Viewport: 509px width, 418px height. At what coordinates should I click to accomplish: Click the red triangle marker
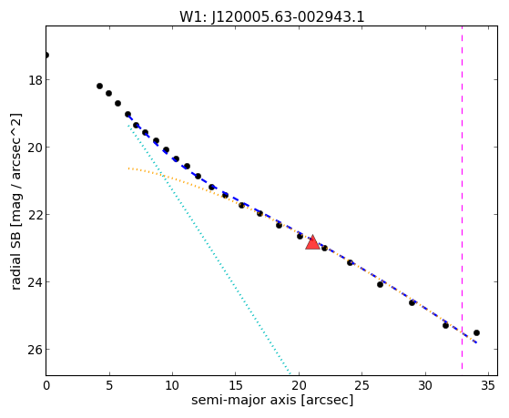pyautogui.click(x=312, y=242)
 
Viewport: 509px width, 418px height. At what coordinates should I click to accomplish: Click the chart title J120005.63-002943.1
pyautogui.click(x=288, y=16)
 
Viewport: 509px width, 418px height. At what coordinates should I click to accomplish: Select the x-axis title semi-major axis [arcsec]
pyautogui.click(x=272, y=400)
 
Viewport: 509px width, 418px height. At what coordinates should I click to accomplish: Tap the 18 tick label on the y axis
pyautogui.click(x=36, y=80)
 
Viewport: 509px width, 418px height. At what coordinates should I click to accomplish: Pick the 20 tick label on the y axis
pyautogui.click(x=36, y=148)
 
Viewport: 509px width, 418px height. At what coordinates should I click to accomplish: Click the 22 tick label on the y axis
pyautogui.click(x=36, y=215)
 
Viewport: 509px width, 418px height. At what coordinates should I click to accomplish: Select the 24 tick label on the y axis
pyautogui.click(x=36, y=282)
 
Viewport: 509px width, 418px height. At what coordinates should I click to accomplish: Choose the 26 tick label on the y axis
pyautogui.click(x=36, y=350)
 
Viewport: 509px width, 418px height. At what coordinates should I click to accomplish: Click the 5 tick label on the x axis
pyautogui.click(x=109, y=385)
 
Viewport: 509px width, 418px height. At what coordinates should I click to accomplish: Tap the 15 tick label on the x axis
pyautogui.click(x=236, y=385)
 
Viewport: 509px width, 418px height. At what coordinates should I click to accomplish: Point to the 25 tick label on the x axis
pyautogui.click(x=362, y=385)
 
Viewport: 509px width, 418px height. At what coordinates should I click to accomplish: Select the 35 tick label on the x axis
pyautogui.click(x=488, y=385)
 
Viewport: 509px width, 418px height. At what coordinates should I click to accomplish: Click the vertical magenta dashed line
pyautogui.click(x=462, y=198)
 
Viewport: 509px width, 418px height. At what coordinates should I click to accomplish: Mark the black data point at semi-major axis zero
pyautogui.click(x=46, y=56)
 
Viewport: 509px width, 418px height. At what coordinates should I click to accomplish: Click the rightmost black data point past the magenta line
pyautogui.click(x=476, y=332)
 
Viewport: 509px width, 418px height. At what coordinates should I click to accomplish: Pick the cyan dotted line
pyautogui.click(x=209, y=250)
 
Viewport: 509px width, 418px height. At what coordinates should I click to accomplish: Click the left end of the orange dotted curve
pyautogui.click(x=128, y=168)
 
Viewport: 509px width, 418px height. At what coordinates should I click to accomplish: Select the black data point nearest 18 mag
pyautogui.click(x=99, y=87)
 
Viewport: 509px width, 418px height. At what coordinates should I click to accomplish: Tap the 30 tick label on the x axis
pyautogui.click(x=425, y=385)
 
